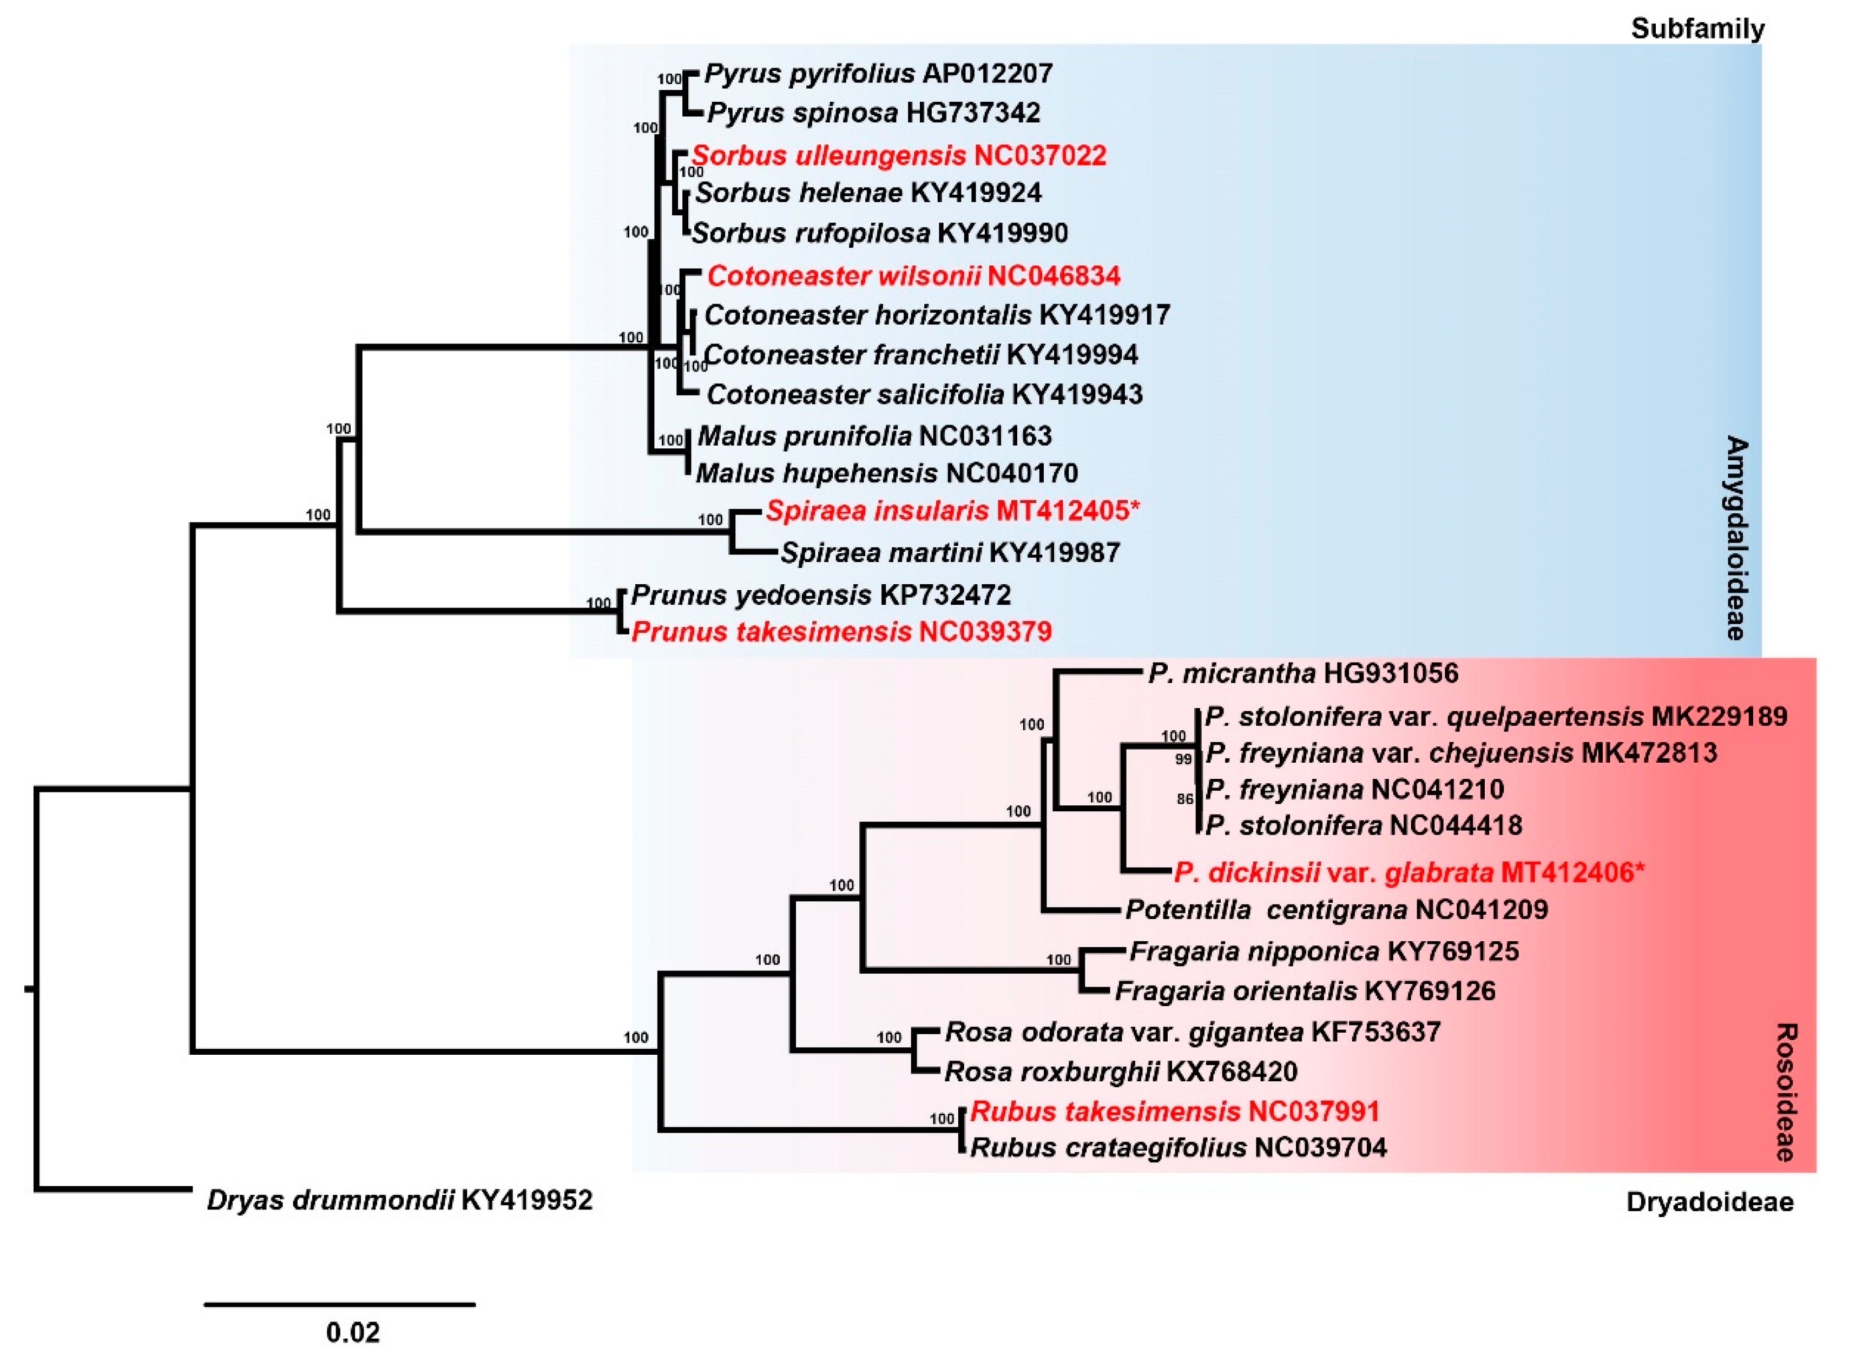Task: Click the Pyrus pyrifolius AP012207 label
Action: [x=878, y=74]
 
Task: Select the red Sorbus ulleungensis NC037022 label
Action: [x=899, y=155]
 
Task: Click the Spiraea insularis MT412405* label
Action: [x=953, y=511]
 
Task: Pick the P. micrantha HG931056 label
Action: [x=1303, y=673]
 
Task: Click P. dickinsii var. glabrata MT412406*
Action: [x=1409, y=872]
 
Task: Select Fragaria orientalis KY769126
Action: [x=1305, y=990]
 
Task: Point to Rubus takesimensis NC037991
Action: [x=1175, y=1112]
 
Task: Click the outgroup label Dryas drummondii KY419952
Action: [x=400, y=1200]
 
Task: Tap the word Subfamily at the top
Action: [x=1697, y=29]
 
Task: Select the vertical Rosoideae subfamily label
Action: [x=1785, y=1093]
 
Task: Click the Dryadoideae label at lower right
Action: [x=1710, y=1202]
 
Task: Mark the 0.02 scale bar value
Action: [x=353, y=1332]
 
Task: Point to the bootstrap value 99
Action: [x=1184, y=759]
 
